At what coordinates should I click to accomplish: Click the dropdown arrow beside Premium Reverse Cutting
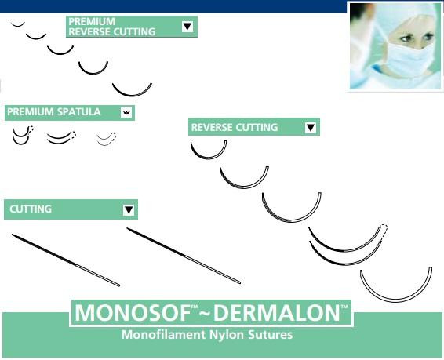tap(187, 27)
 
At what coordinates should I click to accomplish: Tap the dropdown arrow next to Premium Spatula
tap(126, 113)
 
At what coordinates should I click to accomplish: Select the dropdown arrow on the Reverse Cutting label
tap(311, 127)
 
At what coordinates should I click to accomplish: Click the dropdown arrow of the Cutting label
tap(129, 209)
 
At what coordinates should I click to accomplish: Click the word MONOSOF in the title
tap(129, 313)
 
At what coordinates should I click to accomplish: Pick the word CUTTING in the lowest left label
tap(30, 209)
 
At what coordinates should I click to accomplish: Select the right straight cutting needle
tap(184, 256)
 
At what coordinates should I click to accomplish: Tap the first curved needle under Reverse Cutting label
tap(209, 153)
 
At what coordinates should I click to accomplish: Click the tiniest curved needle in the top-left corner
tap(17, 24)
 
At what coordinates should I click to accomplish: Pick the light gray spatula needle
tap(106, 141)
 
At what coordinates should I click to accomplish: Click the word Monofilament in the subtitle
tap(160, 335)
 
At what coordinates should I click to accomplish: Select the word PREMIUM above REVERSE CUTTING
tap(92, 21)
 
